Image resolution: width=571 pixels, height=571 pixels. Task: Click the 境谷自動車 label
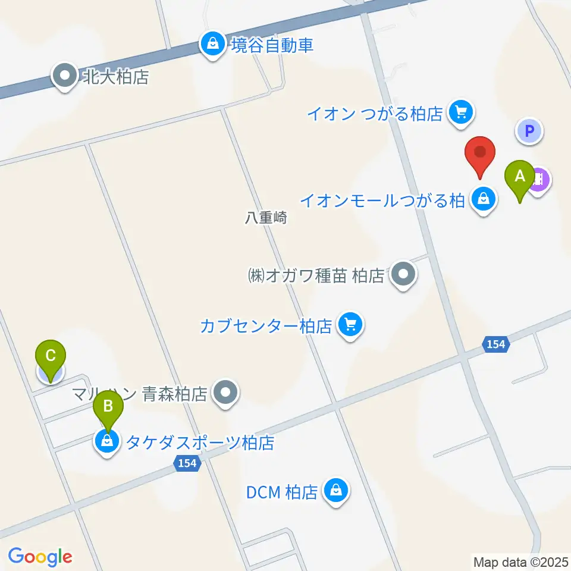point(272,45)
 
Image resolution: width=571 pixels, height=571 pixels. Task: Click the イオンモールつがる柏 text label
point(381,201)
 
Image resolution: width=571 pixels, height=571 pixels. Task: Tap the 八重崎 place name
point(265,218)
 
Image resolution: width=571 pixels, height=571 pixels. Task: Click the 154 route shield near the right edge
point(495,344)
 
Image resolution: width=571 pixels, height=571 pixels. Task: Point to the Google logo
point(40,556)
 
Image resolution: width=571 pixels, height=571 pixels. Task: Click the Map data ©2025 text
point(520,561)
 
